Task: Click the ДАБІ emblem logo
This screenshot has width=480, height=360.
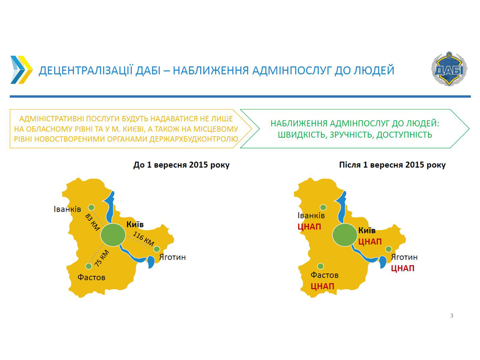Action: (449, 68)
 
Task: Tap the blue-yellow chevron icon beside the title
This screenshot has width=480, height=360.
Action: (22, 70)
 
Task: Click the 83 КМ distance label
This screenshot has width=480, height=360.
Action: (92, 222)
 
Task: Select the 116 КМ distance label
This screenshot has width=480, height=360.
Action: (143, 239)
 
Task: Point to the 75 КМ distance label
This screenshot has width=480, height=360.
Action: (102, 258)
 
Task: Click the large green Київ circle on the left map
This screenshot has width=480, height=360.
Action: (113, 235)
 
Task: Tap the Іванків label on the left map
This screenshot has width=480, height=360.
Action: (67, 209)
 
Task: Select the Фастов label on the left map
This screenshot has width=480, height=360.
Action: (91, 277)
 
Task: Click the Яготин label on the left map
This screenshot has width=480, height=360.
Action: (172, 257)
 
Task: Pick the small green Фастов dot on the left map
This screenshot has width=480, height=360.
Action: (89, 266)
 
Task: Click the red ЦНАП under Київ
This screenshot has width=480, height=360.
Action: (370, 242)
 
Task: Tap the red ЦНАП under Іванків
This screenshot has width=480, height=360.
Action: (309, 227)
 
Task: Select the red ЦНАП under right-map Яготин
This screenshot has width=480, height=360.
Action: (403, 269)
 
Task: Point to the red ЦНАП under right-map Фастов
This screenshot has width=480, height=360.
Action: (322, 286)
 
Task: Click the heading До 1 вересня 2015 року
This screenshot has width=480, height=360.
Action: (181, 165)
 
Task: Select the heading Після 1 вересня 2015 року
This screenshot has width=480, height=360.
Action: (392, 165)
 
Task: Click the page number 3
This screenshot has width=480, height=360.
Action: (451, 315)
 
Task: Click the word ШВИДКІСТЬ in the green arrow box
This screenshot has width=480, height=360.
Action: (302, 135)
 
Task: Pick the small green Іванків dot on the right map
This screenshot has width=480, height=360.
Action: (323, 208)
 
